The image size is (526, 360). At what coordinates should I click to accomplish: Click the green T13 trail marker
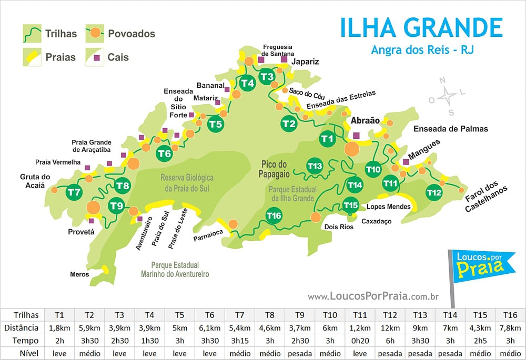(x=315, y=166)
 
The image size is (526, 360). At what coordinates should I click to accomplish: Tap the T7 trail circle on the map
(x=74, y=192)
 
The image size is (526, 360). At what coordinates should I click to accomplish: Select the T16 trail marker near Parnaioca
(x=274, y=215)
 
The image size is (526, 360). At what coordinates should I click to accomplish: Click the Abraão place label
(x=365, y=120)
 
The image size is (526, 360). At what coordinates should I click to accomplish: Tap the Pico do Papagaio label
(x=275, y=169)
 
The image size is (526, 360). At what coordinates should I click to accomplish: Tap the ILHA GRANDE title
(x=421, y=28)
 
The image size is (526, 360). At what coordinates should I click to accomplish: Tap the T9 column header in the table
(x=300, y=315)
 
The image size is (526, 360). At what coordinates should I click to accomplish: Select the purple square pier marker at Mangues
(x=406, y=162)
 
